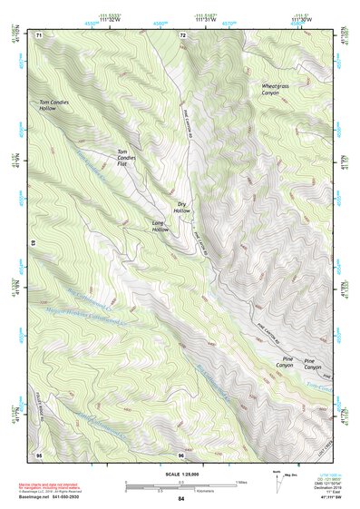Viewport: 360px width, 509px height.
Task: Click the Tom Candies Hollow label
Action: coord(60,104)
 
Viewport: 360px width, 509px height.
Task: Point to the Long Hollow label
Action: coord(160,227)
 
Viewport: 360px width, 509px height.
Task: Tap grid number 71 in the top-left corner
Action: coord(39,34)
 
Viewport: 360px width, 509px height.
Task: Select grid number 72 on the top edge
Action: coord(182,34)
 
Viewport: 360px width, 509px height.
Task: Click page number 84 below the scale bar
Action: coord(180,498)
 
